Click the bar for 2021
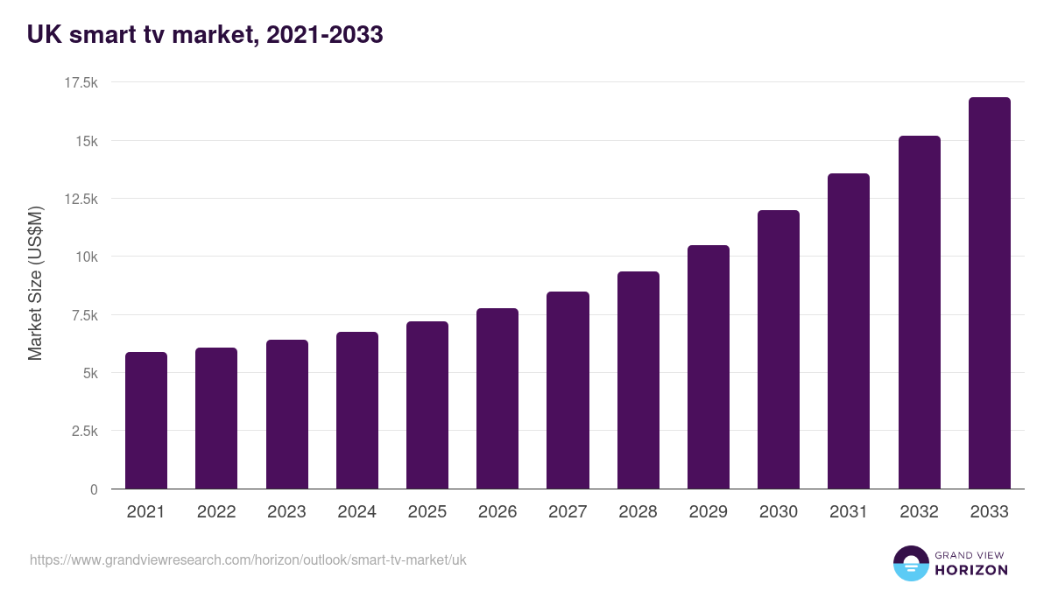[x=146, y=420]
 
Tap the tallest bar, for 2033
[x=989, y=293]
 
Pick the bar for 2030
[x=779, y=349]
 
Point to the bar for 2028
[x=638, y=380]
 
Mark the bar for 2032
[x=919, y=313]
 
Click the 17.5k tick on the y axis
[x=81, y=82]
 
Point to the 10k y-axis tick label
[x=85, y=257]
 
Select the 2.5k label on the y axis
[x=83, y=431]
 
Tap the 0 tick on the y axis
[x=93, y=489]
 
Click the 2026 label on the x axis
[x=497, y=512]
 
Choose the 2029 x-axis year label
[x=708, y=512]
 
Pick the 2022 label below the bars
[x=216, y=512]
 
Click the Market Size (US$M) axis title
[x=35, y=285]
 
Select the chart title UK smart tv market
[x=205, y=35]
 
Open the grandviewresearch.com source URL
[x=248, y=559]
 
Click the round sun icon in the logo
[x=910, y=564]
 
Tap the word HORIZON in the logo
[x=971, y=570]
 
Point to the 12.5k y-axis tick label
[x=81, y=199]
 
